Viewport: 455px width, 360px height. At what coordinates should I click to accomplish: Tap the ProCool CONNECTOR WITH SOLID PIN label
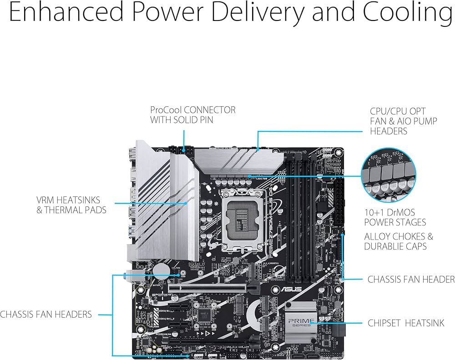193,115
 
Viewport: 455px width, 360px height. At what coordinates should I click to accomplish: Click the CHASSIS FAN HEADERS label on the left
46,314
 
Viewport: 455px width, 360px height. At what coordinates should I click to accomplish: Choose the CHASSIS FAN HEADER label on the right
411,279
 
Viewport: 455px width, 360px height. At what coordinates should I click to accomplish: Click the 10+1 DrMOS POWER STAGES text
395,217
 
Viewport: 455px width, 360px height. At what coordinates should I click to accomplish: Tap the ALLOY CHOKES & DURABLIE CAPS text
399,241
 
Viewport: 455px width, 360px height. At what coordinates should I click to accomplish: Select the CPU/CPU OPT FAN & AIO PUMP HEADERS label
403,121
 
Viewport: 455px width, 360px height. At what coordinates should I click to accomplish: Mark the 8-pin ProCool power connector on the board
179,149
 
